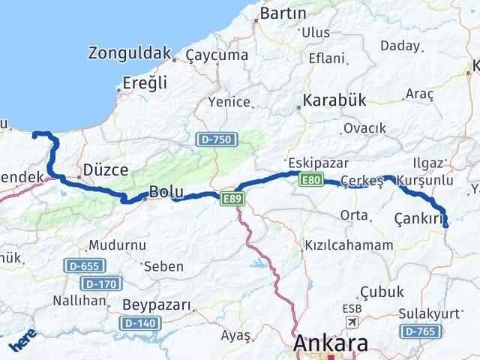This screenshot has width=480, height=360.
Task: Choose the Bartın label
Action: tap(283, 13)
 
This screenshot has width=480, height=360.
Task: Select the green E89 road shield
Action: tap(230, 197)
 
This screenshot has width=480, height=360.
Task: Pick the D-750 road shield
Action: tap(216, 139)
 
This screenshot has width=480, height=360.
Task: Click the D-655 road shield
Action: tap(85, 266)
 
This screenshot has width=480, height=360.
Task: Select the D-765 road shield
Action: tap(418, 331)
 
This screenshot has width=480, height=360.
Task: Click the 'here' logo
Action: tap(22, 343)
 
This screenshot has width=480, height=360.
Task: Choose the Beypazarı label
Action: tap(156, 306)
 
